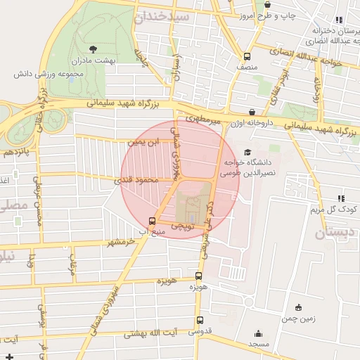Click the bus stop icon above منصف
(x=247, y=56)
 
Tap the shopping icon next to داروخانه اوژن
(x=252, y=112)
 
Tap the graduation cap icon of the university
(x=247, y=152)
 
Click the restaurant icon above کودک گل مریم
(x=341, y=199)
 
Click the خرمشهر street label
(x=120, y=243)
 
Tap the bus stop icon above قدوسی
(x=199, y=321)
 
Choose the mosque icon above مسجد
(x=258, y=333)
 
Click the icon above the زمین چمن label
(x=299, y=307)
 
